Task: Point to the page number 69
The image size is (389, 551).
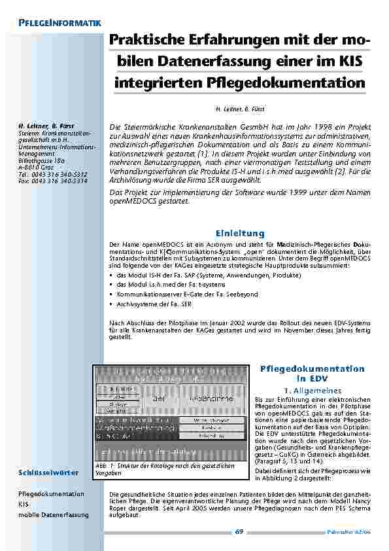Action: click(240, 532)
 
